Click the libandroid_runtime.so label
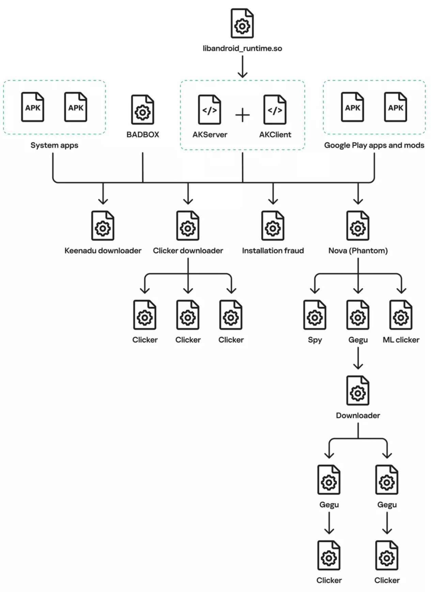(x=242, y=48)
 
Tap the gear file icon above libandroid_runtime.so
(x=242, y=24)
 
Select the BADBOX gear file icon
(x=143, y=110)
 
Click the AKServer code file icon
(x=209, y=110)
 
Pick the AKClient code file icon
(x=275, y=110)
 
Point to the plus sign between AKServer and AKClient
(x=243, y=115)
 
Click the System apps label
(x=54, y=145)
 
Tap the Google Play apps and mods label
(x=374, y=145)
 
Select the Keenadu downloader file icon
(x=103, y=226)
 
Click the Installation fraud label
(x=273, y=251)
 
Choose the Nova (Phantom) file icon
(x=358, y=226)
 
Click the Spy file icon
(x=315, y=315)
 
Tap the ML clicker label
(x=401, y=340)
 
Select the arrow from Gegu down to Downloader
(x=358, y=358)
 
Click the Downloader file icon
(x=358, y=390)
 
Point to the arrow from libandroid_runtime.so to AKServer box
(x=243, y=67)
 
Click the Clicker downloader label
(x=188, y=251)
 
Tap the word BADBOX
(x=143, y=135)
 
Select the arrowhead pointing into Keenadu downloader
(x=103, y=201)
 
